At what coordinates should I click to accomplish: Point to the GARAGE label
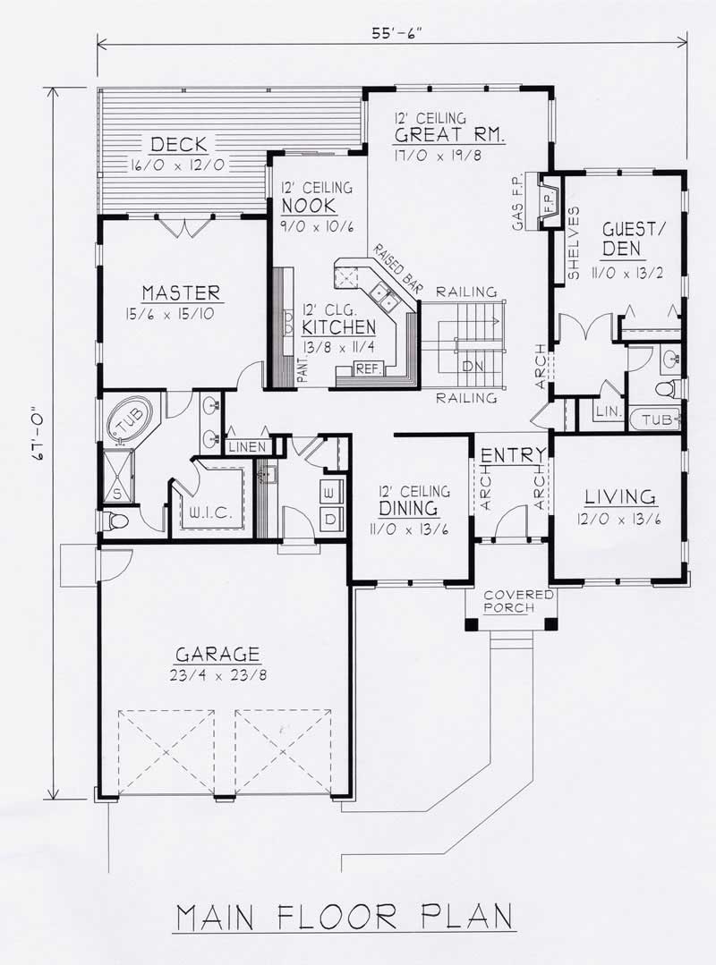(217, 654)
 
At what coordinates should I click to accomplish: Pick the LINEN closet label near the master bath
(246, 446)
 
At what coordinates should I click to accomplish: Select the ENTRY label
(507, 456)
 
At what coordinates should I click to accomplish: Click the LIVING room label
(620, 496)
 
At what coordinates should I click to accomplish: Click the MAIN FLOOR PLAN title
(345, 918)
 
